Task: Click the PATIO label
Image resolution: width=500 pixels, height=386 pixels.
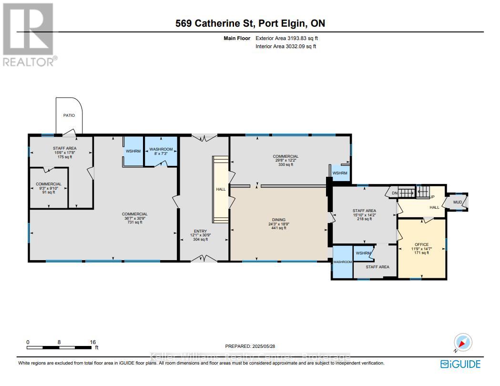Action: pos(69,115)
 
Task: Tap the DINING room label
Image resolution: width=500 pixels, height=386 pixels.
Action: pos(279,220)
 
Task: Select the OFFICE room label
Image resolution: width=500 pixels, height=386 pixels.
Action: pos(421,244)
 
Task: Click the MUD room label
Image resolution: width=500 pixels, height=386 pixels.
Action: pos(458,202)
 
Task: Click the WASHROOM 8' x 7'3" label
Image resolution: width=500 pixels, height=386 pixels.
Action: pos(161,149)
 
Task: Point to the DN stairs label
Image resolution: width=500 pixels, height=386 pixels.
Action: pos(394,193)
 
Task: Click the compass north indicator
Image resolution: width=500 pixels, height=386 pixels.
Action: pos(463,343)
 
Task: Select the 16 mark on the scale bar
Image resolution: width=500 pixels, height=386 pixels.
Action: pos(93,342)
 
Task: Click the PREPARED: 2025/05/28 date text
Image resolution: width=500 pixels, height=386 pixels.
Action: pos(250,346)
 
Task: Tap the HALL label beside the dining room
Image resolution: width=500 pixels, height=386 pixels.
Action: pos(221,189)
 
